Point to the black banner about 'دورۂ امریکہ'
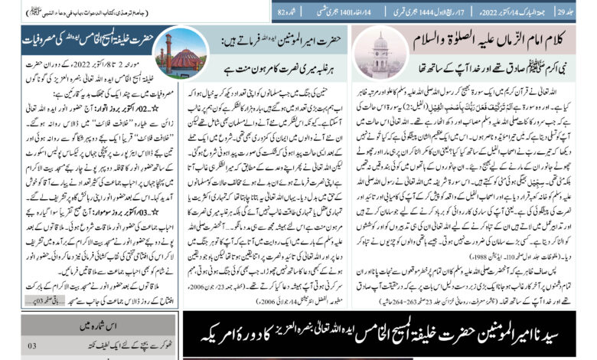389,335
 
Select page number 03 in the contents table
32,347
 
